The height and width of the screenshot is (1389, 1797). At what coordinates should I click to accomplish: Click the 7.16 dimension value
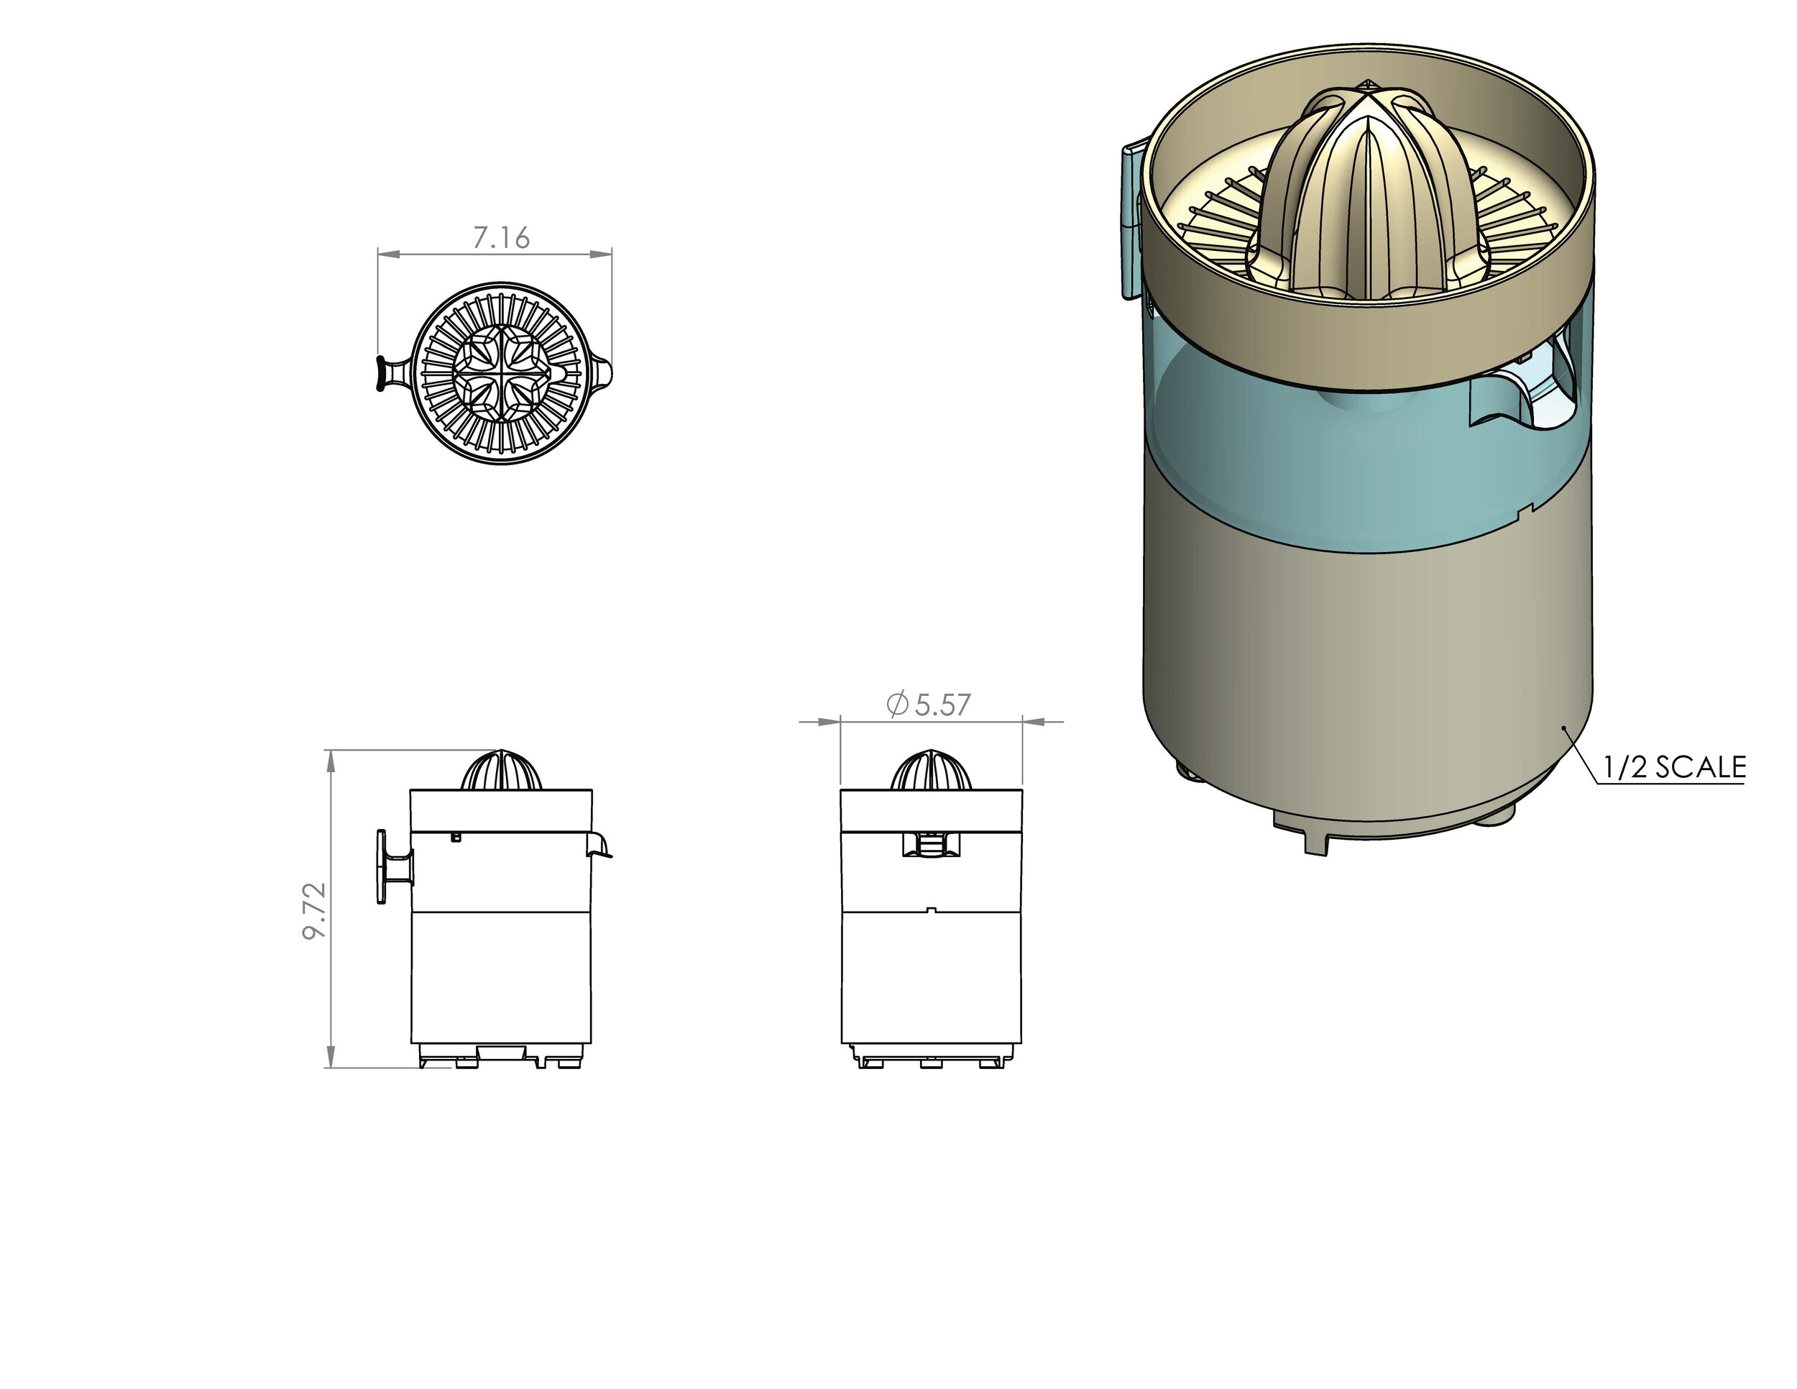(501, 239)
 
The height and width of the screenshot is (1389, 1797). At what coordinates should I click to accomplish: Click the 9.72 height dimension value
(315, 911)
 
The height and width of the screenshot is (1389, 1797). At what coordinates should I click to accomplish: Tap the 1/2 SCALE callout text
(1673, 768)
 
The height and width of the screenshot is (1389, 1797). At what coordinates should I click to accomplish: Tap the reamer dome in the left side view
(501, 771)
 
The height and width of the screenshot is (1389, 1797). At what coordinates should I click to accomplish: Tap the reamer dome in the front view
(932, 771)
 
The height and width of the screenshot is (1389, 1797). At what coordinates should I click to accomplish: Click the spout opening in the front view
(931, 844)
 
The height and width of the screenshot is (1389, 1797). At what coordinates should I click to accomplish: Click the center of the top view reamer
(501, 372)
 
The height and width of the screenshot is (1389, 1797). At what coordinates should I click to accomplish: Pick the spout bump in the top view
(605, 372)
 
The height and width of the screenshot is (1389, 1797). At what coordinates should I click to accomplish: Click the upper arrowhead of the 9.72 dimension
(331, 762)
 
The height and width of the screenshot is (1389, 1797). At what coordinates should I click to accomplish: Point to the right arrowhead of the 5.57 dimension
(1034, 723)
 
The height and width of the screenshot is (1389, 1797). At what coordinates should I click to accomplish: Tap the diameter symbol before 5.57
(898, 705)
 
